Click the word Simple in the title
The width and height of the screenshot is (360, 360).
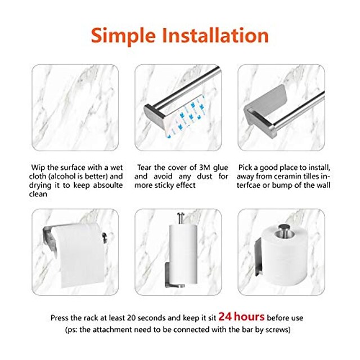point(124,35)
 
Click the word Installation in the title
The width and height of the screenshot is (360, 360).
point(215,35)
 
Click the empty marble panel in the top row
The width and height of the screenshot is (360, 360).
point(75,107)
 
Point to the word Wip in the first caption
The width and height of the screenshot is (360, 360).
point(38,168)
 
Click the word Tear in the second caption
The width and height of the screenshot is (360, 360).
point(144,168)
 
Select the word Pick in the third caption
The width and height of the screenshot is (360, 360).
point(245,168)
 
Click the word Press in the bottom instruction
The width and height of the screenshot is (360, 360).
point(60,318)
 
